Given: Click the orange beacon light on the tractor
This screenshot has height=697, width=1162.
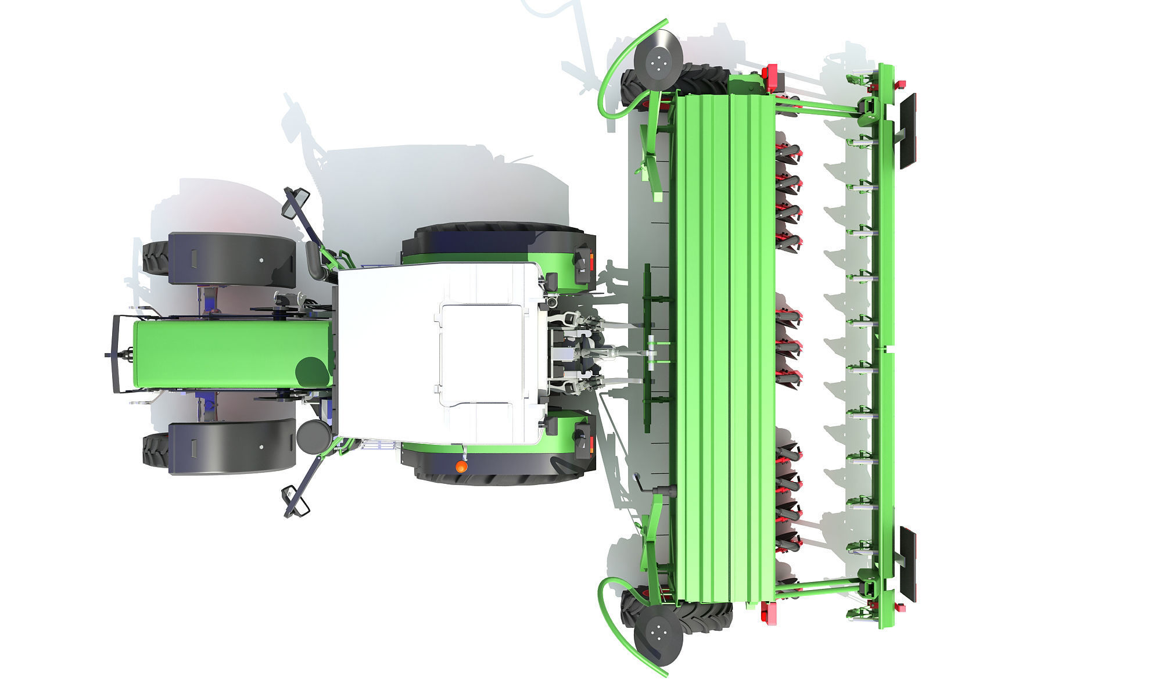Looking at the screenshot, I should point(460,466).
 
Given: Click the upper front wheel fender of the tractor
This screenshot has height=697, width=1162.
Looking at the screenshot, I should point(231,259).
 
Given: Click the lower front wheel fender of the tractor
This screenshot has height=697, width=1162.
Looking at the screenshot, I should point(231,446).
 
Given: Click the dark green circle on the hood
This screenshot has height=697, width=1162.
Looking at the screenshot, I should point(312,372).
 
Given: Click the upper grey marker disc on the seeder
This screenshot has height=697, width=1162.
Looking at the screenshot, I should point(657,60).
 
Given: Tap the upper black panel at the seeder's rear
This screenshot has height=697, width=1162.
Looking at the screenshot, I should point(908,131).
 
